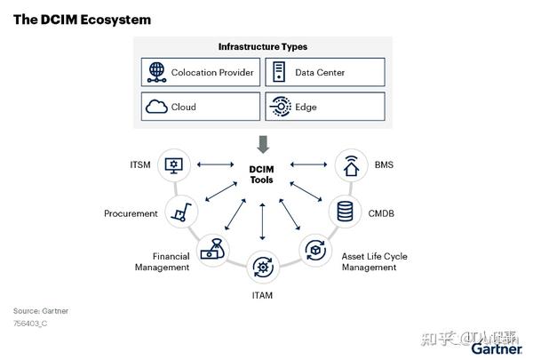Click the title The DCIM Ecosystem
click(82, 20)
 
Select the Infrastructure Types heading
click(263, 46)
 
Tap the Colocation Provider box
click(202, 72)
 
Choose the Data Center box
click(324, 72)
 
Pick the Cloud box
click(202, 107)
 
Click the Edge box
click(324, 107)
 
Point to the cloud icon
click(156, 107)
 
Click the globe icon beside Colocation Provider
click(156, 72)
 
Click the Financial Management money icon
click(211, 251)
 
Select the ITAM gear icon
click(262, 265)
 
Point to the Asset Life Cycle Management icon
click(314, 251)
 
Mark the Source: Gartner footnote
click(40, 311)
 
